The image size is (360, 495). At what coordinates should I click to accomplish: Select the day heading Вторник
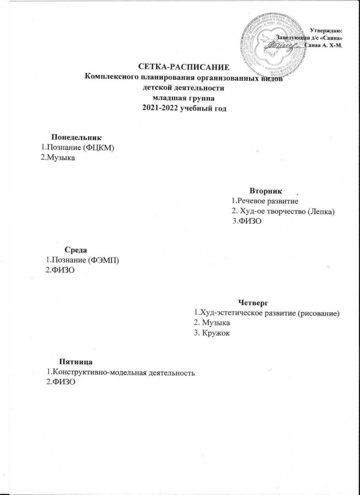click(262, 190)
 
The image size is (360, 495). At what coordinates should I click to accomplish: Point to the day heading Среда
click(75, 250)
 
